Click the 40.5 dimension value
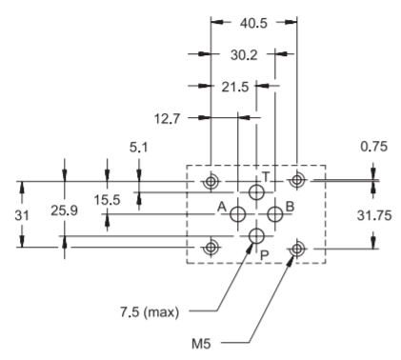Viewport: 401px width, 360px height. pos(253,23)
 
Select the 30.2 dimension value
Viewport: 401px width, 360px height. pos(244,55)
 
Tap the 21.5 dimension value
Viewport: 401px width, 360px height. pos(235,87)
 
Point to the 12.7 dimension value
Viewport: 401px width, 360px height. pos(167,119)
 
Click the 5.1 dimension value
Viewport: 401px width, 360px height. pos(138,148)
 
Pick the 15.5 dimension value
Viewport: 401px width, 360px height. pos(107,200)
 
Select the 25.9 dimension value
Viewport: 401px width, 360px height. pos(64,210)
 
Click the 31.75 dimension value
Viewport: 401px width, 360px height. pos(374,215)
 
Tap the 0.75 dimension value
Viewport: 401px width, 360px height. pos(374,147)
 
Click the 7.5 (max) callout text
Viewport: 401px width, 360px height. pos(150,312)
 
